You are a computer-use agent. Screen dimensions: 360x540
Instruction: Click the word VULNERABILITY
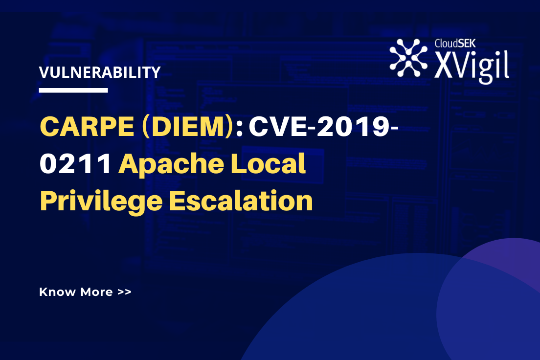click(100, 72)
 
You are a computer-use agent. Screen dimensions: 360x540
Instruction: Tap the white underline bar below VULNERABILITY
click(73, 90)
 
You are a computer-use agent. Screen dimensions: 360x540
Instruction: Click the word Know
click(57, 292)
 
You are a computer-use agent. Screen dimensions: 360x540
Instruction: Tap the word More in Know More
click(97, 292)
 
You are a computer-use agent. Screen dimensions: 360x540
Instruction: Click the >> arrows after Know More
click(124, 292)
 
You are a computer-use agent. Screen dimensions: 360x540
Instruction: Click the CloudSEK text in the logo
click(455, 43)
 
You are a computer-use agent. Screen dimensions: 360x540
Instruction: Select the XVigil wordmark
click(472, 65)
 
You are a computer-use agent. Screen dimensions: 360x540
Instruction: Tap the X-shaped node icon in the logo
click(408, 58)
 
